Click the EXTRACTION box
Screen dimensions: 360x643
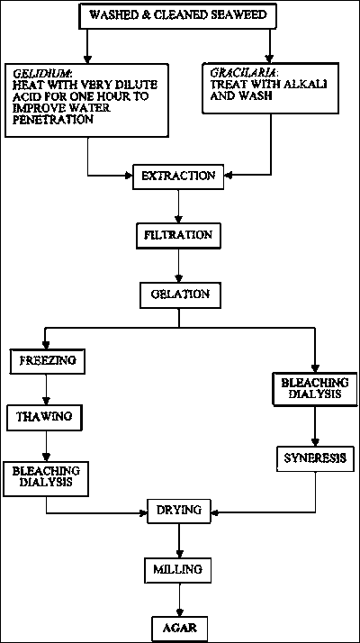[178, 177]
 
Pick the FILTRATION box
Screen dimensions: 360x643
[178, 235]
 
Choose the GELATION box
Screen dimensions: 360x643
[180, 294]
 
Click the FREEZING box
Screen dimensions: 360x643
[48, 361]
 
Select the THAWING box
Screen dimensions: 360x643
[44, 417]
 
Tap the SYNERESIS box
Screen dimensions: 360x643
[314, 458]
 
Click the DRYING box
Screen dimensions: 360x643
[179, 511]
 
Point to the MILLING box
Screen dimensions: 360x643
[178, 570]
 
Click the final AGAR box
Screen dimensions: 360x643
[180, 628]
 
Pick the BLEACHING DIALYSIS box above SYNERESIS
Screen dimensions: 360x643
[314, 388]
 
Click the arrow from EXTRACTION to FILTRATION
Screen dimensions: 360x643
[178, 206]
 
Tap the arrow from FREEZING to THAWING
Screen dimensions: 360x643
[46, 389]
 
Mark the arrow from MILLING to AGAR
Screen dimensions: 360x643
[179, 599]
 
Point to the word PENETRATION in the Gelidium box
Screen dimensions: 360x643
[51, 120]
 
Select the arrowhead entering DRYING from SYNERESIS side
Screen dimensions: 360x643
[214, 512]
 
